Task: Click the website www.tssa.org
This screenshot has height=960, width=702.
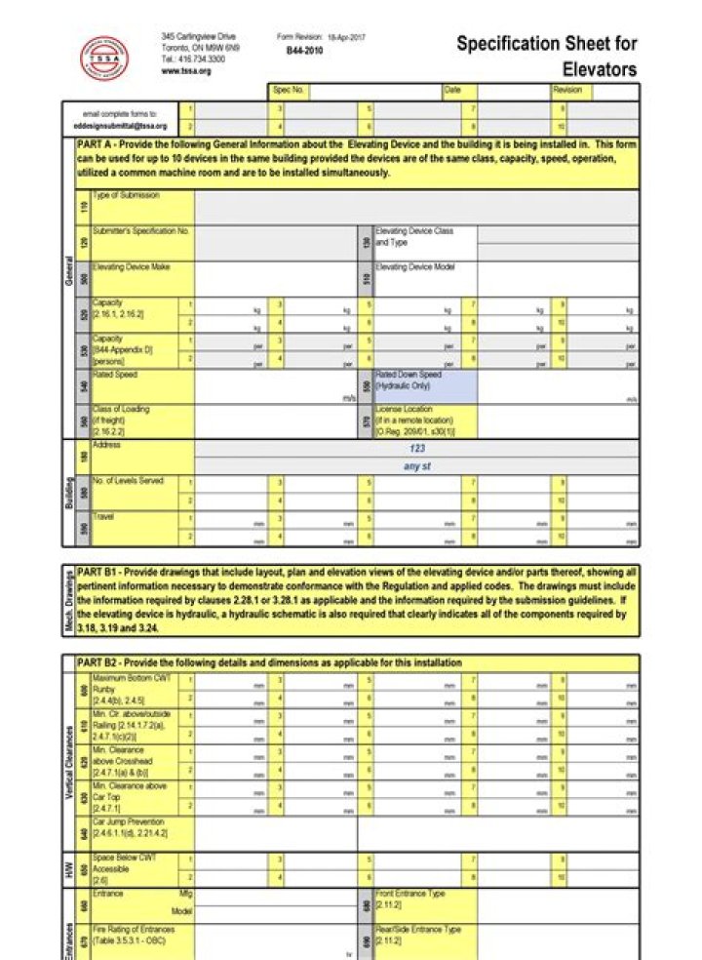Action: [x=186, y=71]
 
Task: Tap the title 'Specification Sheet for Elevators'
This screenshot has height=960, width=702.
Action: [x=547, y=56]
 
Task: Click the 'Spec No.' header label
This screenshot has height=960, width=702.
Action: [x=288, y=90]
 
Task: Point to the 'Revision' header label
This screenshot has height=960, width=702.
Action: [x=566, y=90]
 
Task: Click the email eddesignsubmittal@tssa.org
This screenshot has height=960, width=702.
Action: [x=120, y=126]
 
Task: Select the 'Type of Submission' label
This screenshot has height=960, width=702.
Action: [x=126, y=196]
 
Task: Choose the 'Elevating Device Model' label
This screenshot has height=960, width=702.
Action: [x=415, y=266]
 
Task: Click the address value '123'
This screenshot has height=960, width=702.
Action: [x=417, y=449]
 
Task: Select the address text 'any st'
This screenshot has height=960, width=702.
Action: [x=417, y=466]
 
